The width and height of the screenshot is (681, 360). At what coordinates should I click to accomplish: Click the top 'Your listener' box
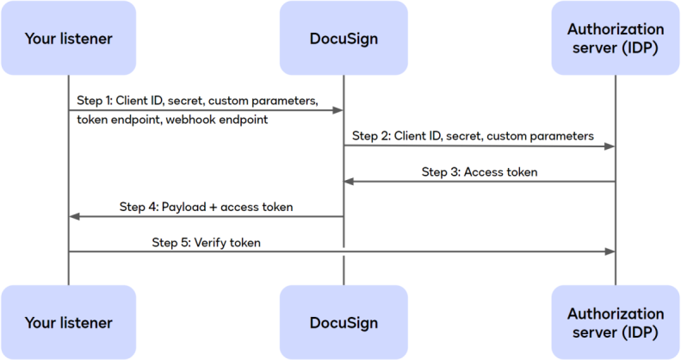(68, 38)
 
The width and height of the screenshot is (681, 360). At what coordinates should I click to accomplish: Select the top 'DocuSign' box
(344, 38)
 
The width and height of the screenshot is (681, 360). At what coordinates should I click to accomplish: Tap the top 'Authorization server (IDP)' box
(616, 38)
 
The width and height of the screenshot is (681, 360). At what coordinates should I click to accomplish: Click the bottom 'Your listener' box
(68, 323)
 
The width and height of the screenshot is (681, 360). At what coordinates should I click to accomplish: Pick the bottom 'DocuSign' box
(344, 323)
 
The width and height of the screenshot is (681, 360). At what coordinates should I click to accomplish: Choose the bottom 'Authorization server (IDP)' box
(616, 323)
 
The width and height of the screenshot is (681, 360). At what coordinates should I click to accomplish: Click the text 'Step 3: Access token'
(480, 171)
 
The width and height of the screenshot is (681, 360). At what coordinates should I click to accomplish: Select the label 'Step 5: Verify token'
(207, 243)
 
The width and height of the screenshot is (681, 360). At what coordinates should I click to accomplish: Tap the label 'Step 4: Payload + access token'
(206, 207)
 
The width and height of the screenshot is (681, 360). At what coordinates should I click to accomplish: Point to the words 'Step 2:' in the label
(372, 136)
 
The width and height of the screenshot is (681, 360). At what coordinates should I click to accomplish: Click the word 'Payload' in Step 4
(183, 207)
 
